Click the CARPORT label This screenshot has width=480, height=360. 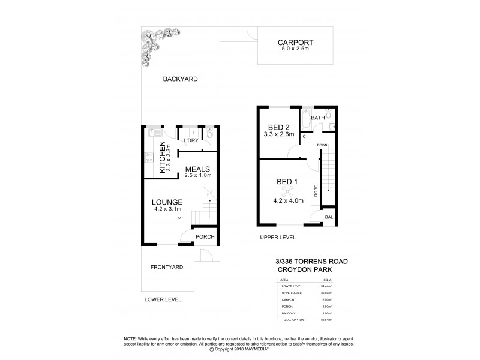click(x=295, y=43)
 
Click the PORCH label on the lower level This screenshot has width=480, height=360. click(x=205, y=237)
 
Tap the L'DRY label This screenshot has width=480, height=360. click(x=191, y=140)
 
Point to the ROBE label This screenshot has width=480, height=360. click(x=316, y=191)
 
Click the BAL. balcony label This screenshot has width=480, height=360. click(x=328, y=217)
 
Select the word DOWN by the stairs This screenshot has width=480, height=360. click(x=322, y=145)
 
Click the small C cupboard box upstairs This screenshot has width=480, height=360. click(x=305, y=137)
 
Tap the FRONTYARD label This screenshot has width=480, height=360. click(x=167, y=266)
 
